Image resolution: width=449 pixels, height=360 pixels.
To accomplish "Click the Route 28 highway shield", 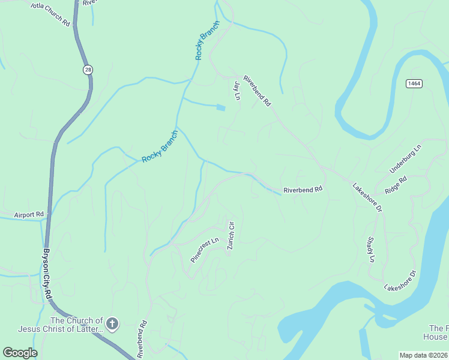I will click(x=88, y=70).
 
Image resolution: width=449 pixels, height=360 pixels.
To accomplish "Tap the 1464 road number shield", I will click(x=414, y=83).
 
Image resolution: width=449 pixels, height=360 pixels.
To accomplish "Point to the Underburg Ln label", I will click(x=406, y=159).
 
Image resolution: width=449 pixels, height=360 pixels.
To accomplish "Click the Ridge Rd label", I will click(x=396, y=184).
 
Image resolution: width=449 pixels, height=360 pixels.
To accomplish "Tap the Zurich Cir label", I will click(x=230, y=238).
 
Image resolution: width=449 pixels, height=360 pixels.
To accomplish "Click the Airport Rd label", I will click(x=29, y=214).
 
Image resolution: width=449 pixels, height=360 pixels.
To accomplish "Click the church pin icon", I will click(x=112, y=325).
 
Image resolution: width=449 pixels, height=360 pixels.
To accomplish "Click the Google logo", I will click(x=20, y=353).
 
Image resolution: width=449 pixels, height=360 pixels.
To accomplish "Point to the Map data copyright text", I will click(x=424, y=355).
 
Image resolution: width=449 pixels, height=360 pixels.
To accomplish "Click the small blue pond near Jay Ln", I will click(x=220, y=107).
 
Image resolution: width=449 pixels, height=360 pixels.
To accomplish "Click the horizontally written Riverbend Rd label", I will click(x=303, y=189).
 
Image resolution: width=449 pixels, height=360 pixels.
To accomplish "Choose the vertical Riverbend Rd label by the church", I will click(x=142, y=339).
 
